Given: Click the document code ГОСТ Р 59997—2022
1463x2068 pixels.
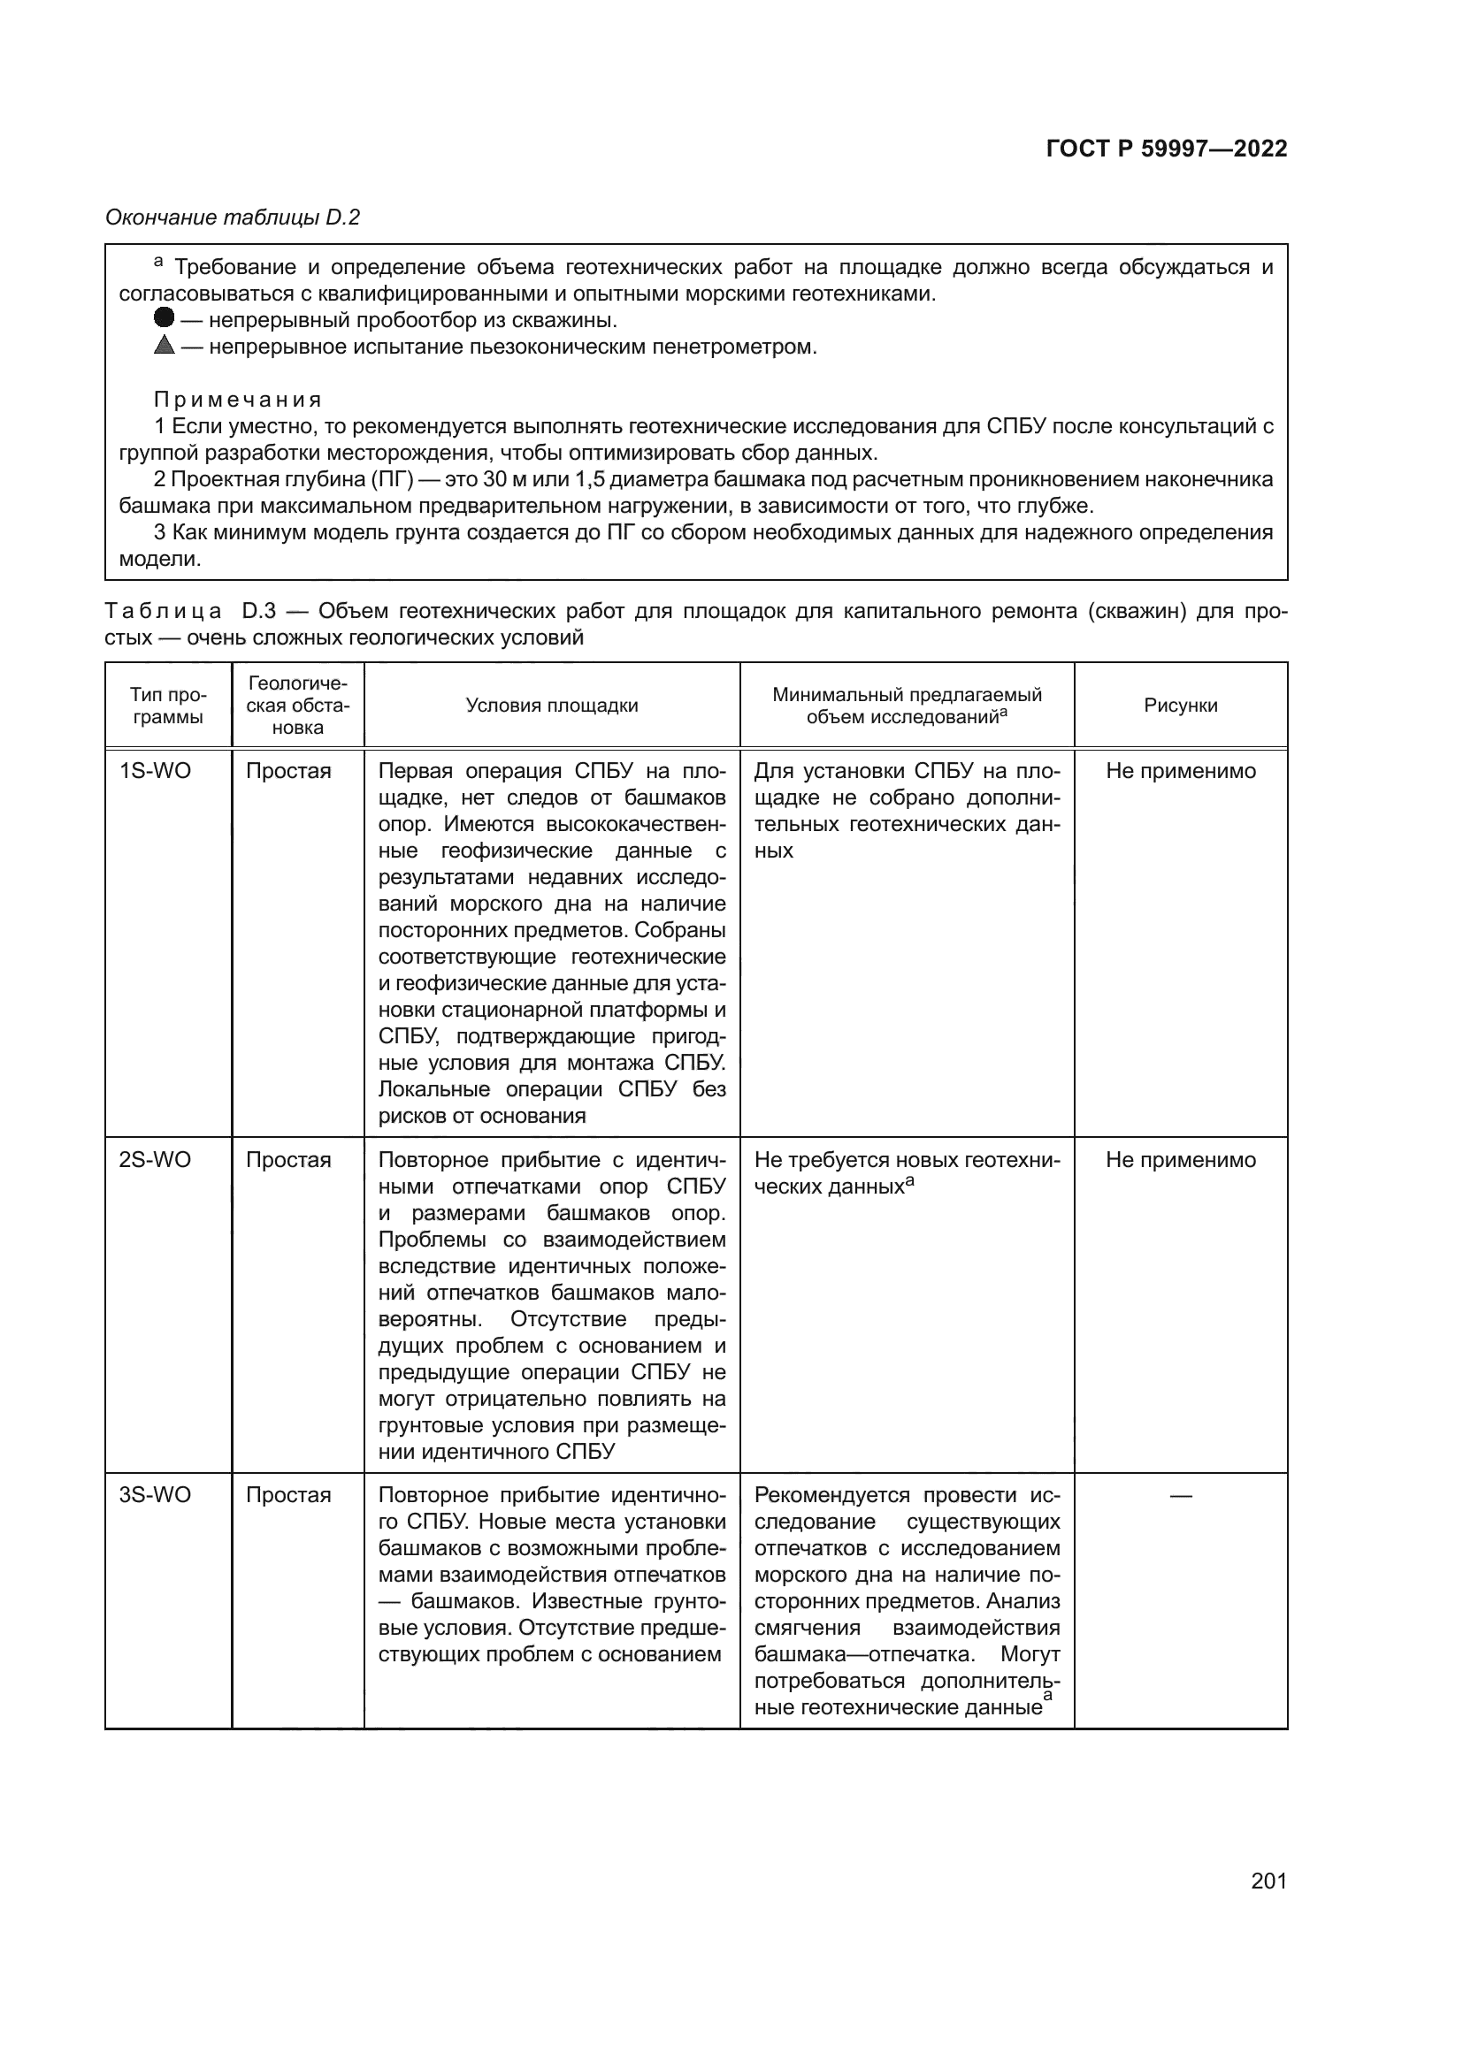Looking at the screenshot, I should point(1167,149).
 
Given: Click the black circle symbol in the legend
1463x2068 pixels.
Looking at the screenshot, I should point(164,318).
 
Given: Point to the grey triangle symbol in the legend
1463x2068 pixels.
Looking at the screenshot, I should point(164,345).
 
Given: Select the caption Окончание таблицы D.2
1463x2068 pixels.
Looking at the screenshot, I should point(233,217).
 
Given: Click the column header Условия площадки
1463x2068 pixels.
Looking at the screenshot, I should point(551,706).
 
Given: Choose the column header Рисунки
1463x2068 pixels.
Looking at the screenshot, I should point(1180,706).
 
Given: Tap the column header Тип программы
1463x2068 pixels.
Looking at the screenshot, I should point(167,706).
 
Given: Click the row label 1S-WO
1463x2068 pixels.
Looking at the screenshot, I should point(155,771).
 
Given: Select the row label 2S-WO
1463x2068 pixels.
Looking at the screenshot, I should point(155,1160).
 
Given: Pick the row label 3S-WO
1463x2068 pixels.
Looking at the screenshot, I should point(155,1495).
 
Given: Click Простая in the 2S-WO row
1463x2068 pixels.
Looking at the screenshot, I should point(288,1160).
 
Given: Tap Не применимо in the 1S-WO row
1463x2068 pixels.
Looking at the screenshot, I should point(1180,771).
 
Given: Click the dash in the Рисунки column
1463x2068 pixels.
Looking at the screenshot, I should point(1180,1496).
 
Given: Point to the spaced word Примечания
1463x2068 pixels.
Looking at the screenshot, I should point(238,399).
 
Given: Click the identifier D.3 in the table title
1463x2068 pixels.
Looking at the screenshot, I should point(258,612).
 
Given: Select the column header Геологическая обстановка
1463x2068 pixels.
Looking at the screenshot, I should point(297,706).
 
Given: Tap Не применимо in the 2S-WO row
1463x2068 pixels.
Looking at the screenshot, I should point(1180,1160).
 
